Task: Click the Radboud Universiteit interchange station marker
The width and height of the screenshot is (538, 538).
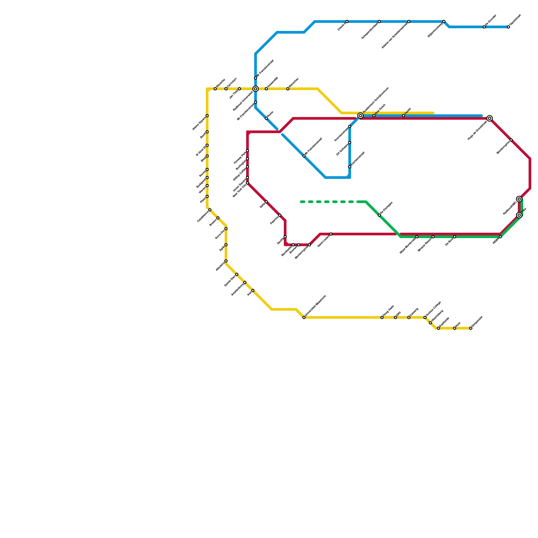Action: point(256,89)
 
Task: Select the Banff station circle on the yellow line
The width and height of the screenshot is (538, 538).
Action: point(207,132)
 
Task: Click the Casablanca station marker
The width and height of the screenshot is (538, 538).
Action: point(210,210)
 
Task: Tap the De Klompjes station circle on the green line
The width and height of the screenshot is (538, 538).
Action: point(379,215)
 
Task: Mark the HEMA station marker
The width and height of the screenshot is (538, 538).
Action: point(500,237)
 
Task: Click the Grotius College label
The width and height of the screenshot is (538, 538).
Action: point(433,309)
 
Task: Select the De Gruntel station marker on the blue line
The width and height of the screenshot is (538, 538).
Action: point(484,27)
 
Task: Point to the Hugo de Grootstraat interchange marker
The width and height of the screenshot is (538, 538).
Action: point(490,118)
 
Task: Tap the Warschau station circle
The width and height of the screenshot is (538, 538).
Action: point(288,89)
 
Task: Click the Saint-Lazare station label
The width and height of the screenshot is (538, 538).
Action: point(323,241)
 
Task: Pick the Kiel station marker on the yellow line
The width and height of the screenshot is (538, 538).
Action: point(253,291)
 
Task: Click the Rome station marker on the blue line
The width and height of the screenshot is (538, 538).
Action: point(266,118)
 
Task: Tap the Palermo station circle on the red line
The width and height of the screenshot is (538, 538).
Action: point(280,215)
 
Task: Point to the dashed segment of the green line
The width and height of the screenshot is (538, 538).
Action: point(330,202)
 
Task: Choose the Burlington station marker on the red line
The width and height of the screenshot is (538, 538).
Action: point(247,159)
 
